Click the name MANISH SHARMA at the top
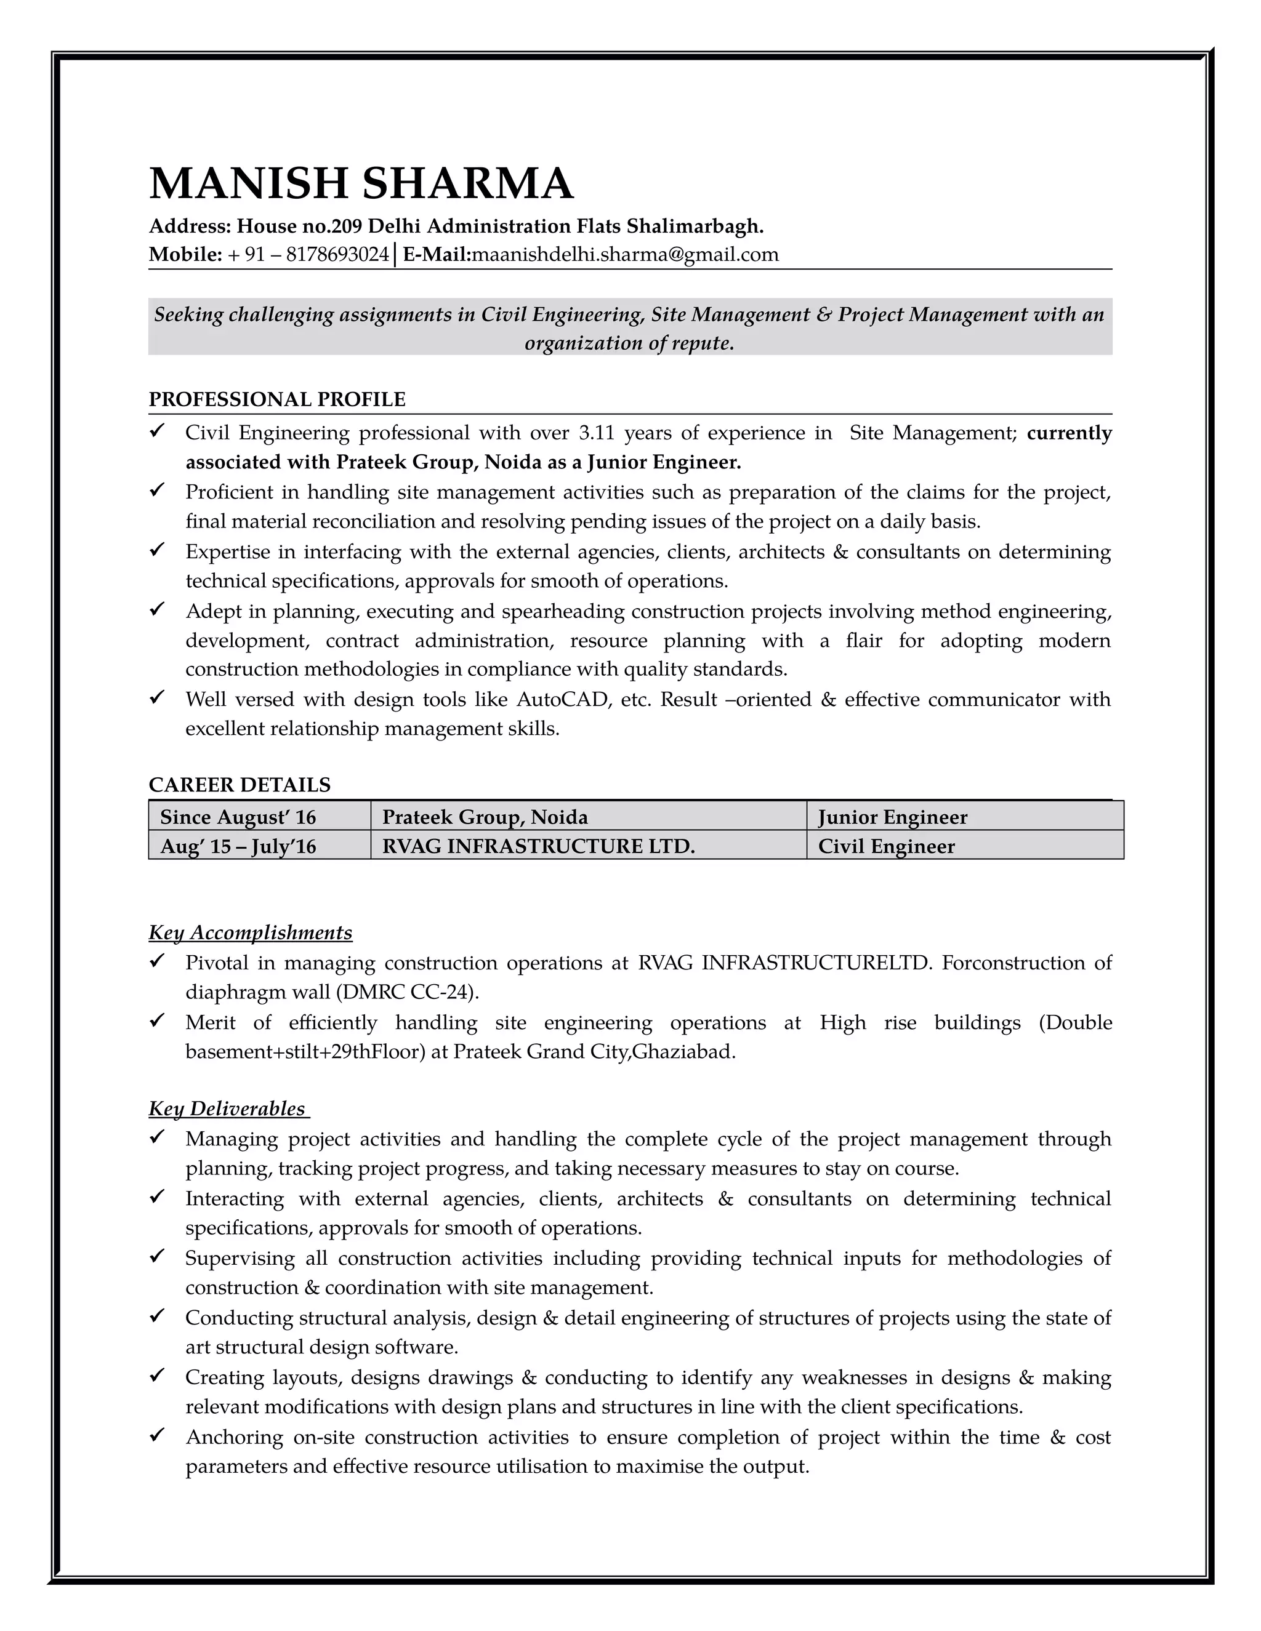click(x=361, y=183)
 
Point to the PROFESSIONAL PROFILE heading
click(x=276, y=399)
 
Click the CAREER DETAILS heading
click(x=239, y=785)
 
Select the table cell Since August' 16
click(x=238, y=817)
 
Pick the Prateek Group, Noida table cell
click(x=485, y=817)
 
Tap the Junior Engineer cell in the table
click(x=892, y=817)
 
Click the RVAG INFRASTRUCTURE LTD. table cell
click(x=538, y=847)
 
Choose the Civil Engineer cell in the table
click(x=886, y=847)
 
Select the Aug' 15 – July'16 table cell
click(x=238, y=847)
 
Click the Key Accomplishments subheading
click(x=250, y=932)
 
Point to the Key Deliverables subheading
click(x=227, y=1109)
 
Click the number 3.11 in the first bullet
click(x=595, y=433)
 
